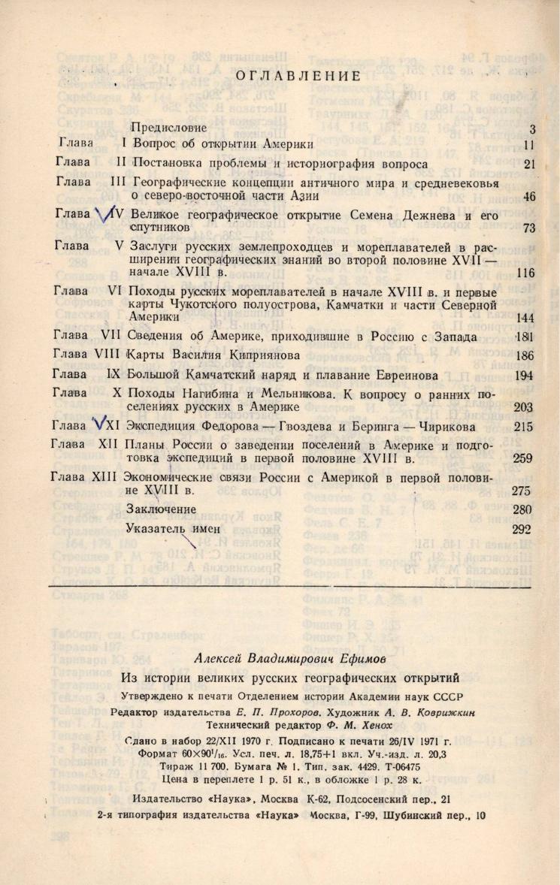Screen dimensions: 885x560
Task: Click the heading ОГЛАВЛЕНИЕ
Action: point(298,76)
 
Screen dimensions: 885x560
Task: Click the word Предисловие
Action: point(169,128)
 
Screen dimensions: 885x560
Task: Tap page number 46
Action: point(528,198)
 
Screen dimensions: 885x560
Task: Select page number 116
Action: point(525,273)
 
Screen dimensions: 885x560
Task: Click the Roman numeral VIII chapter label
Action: point(110,355)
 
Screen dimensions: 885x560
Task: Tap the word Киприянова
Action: point(255,355)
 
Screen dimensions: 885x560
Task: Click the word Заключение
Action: point(166,509)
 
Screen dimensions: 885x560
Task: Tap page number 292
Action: point(522,529)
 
